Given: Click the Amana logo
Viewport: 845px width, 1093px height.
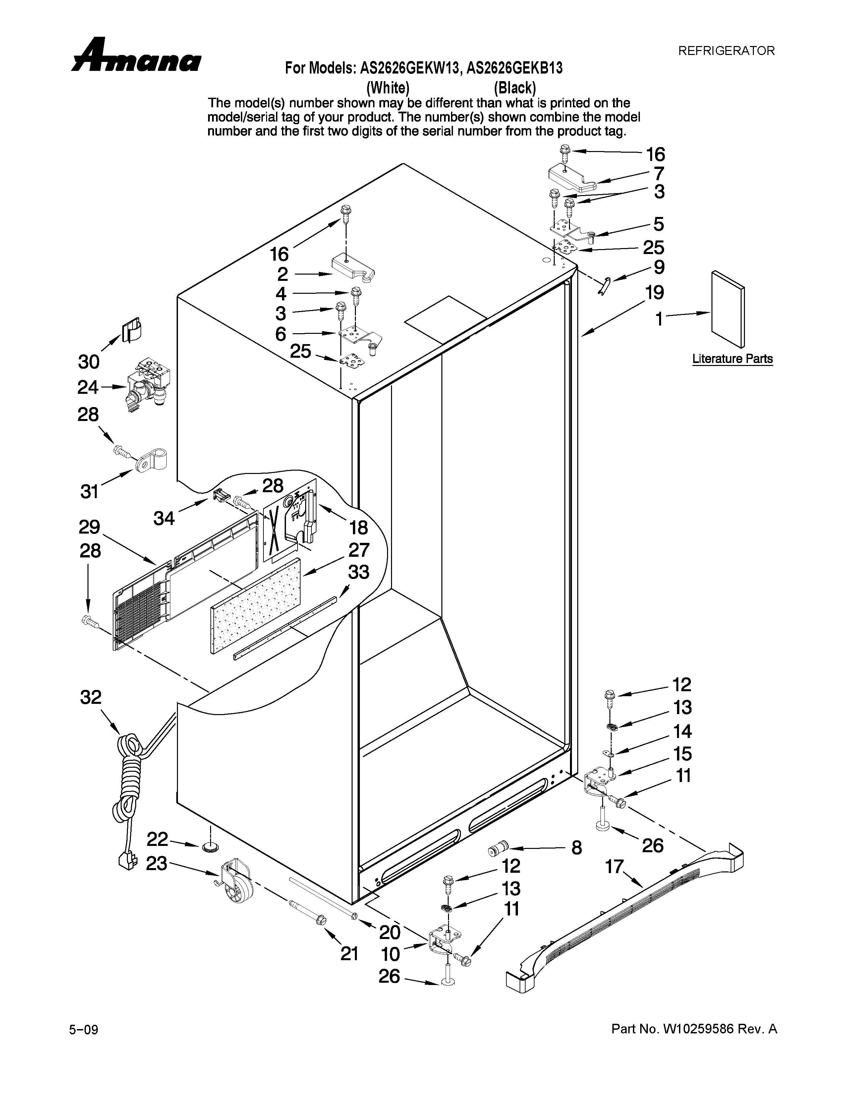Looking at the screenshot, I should (x=136, y=56).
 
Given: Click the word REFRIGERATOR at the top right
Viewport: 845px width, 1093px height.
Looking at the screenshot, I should (x=726, y=51).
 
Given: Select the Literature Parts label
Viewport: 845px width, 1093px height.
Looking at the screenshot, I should (x=732, y=359).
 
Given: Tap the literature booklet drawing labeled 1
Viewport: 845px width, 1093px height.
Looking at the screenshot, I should (x=727, y=309).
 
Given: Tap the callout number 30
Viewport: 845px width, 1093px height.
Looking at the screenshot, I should (x=88, y=361).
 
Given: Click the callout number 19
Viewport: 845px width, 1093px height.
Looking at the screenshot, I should (x=654, y=292).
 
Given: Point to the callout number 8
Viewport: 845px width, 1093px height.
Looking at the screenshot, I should (x=577, y=848).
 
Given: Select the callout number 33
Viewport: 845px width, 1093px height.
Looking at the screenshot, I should (x=359, y=572).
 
